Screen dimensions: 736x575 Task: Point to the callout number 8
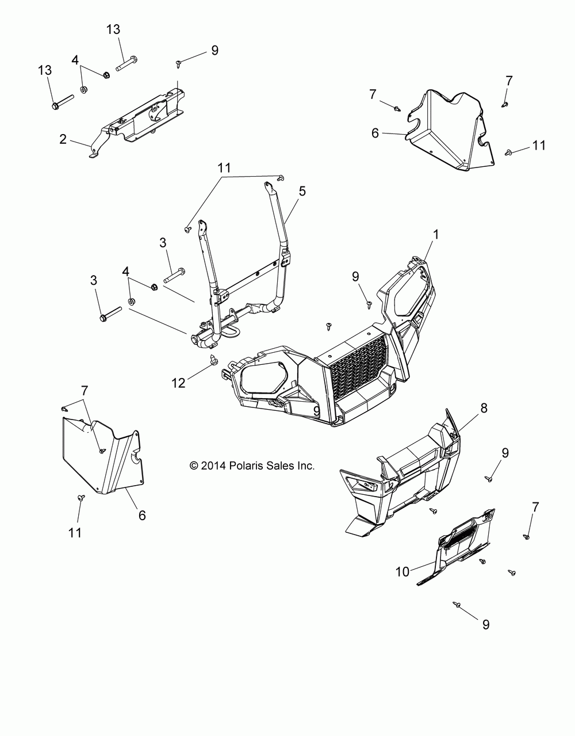484,408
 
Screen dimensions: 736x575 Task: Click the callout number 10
418,571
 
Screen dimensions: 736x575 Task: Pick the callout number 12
178,382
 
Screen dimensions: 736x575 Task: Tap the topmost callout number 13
114,29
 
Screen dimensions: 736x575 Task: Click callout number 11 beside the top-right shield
538,146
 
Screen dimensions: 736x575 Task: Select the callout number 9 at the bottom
486,624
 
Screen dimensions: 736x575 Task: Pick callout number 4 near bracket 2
75,60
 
